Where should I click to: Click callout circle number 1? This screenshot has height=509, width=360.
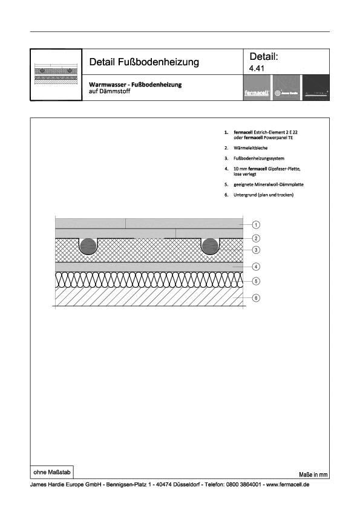(x=256, y=225)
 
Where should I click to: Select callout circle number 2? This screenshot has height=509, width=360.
(x=256, y=239)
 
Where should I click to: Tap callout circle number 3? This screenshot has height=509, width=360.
(x=256, y=250)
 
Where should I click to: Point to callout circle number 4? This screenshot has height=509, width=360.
(x=256, y=267)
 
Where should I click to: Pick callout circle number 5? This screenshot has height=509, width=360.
(x=256, y=281)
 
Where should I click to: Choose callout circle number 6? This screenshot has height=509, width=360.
(x=256, y=297)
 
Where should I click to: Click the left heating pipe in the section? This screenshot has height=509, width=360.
(x=88, y=247)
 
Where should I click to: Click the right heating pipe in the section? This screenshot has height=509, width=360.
(x=210, y=247)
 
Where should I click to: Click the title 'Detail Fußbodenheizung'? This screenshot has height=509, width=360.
(x=144, y=62)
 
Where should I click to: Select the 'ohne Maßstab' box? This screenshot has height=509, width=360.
(x=53, y=470)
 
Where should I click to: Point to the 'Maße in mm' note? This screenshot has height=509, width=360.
(x=313, y=475)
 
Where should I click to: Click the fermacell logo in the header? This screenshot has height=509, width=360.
(x=257, y=94)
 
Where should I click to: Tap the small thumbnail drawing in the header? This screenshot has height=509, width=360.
(x=56, y=74)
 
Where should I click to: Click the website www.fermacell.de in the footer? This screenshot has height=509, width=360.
(x=287, y=485)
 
